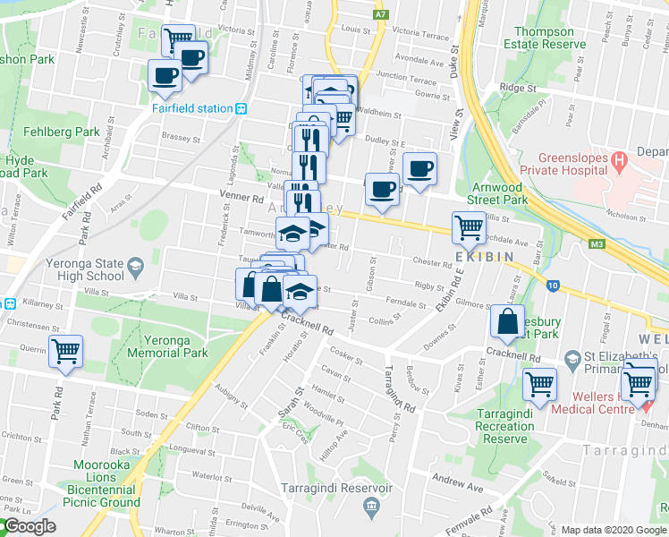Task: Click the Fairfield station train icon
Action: click(241, 108)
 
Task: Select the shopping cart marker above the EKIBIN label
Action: click(469, 227)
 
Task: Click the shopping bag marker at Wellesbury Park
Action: click(507, 322)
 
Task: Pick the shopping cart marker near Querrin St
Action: click(66, 351)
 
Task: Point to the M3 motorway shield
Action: click(597, 243)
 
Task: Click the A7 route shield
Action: click(382, 14)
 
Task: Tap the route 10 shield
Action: click(554, 286)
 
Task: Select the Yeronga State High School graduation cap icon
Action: click(134, 264)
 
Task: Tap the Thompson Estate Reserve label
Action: click(544, 37)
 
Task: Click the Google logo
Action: click(29, 527)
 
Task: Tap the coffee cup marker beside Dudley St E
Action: click(419, 168)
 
